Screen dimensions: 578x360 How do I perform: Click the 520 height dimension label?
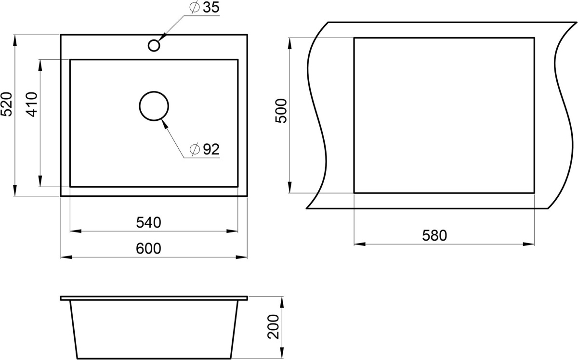(6, 104)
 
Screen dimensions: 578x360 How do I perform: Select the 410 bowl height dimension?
(32, 104)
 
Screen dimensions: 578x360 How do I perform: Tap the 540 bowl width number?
(149, 222)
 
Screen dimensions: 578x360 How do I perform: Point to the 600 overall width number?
(149, 249)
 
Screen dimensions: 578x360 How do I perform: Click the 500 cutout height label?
(281, 111)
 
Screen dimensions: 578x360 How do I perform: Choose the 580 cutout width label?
(434, 235)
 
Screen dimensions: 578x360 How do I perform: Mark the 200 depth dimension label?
(273, 326)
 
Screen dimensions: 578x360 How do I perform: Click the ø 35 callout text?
(204, 7)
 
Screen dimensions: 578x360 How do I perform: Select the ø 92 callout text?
(204, 149)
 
